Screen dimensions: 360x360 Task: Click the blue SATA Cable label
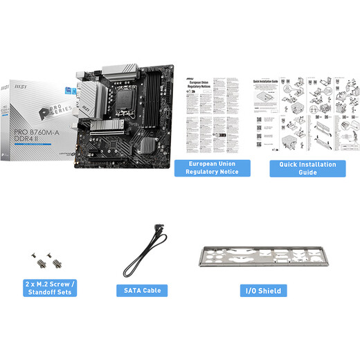143,291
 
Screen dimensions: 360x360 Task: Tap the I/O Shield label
263,291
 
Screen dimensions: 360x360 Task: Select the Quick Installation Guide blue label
307,168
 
